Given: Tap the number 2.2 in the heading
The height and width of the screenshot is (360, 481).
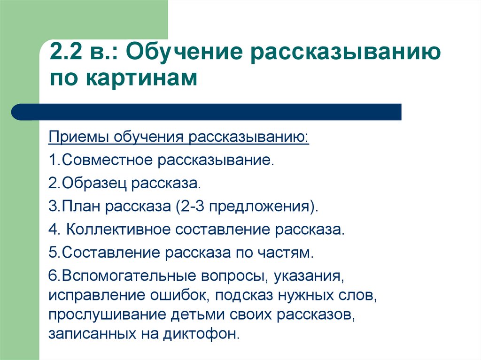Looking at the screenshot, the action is point(66,52).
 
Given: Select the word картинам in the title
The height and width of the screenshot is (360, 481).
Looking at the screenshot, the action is point(141,78).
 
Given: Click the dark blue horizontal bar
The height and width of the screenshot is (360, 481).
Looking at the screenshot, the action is point(206,112).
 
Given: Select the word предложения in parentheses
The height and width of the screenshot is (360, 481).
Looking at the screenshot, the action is point(259,207).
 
